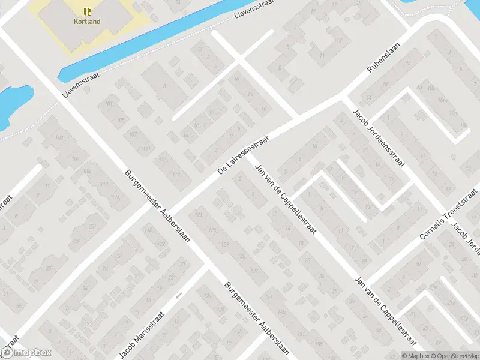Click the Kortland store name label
pyautogui.click(x=88, y=22)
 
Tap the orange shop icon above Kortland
pyautogui.click(x=88, y=11)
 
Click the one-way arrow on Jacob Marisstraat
pyautogui.click(x=178, y=295)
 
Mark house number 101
pyautogui.click(x=109, y=104)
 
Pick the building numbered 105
pyautogui.click(x=121, y=120)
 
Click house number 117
pyautogui.click(x=176, y=175)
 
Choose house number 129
pyautogui.click(x=226, y=245)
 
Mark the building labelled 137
pyautogui.click(x=254, y=271)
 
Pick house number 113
pyautogui.click(x=163, y=160)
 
